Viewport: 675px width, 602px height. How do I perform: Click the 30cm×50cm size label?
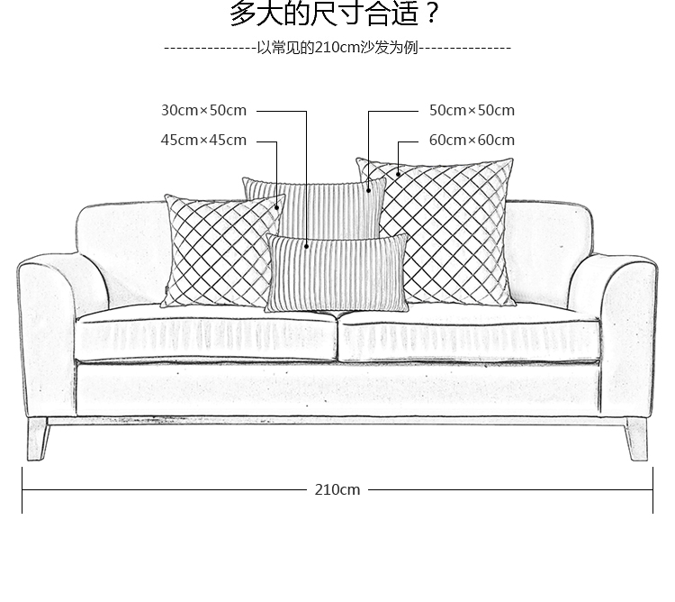coord(203,111)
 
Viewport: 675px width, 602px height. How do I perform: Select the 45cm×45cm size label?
coord(203,140)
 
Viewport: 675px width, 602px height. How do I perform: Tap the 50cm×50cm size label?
coord(472,111)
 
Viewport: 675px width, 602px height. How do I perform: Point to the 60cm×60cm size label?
coord(472,140)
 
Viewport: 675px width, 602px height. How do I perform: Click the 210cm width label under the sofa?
coord(337,489)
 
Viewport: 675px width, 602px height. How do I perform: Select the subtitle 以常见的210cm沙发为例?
coord(337,48)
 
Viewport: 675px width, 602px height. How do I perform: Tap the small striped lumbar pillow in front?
coord(337,273)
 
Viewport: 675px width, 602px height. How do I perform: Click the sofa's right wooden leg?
coord(637,442)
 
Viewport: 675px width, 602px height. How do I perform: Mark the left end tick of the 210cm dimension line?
coord(22,489)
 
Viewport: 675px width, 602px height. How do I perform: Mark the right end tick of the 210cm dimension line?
coord(652,489)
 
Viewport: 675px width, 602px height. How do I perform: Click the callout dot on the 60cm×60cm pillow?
coord(398,175)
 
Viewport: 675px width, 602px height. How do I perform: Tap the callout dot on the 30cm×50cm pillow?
coord(306,244)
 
